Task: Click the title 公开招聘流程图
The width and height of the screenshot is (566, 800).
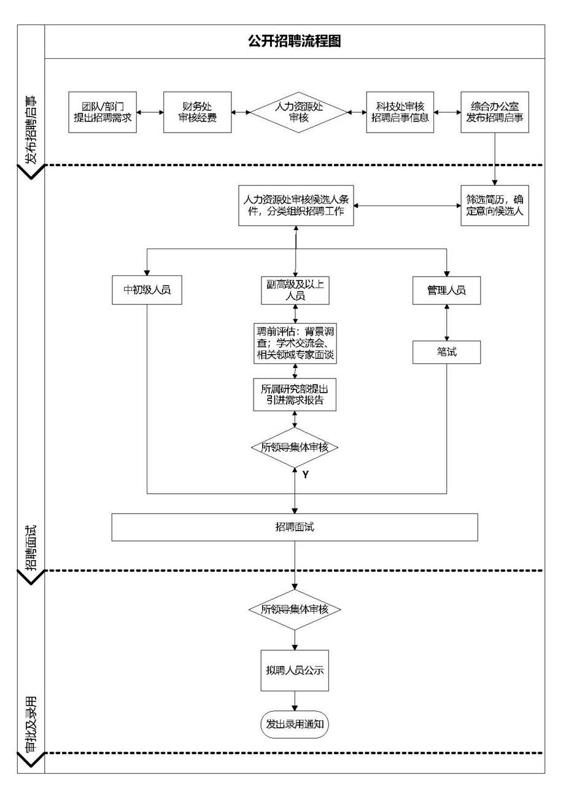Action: tap(295, 41)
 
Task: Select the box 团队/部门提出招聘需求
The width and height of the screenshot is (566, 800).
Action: tap(103, 112)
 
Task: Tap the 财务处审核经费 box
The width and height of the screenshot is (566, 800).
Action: tap(198, 112)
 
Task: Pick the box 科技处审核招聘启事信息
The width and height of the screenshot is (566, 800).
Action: tap(400, 112)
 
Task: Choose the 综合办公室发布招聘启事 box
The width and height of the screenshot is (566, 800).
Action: tap(495, 112)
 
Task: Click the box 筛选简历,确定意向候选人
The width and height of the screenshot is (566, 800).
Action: tap(495, 206)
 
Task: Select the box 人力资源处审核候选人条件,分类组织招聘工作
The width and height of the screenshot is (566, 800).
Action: tap(296, 206)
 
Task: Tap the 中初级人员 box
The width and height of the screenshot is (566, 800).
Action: tap(147, 290)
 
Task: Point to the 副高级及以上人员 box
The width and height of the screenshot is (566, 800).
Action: tap(296, 290)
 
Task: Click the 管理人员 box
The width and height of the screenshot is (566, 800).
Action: tap(446, 290)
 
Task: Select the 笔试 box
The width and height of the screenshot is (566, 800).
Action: tap(446, 352)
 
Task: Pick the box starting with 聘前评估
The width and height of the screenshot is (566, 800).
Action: tap(296, 342)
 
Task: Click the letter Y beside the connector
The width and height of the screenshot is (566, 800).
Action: tap(305, 474)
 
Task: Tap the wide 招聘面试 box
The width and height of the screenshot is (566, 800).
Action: tap(295, 528)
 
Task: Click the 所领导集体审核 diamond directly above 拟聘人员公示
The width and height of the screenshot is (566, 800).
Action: tap(295, 610)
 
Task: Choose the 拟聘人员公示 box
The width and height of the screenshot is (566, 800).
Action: tap(295, 670)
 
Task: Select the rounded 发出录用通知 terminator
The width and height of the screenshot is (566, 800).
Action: tap(295, 725)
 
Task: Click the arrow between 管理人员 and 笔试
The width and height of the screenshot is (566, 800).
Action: tap(446, 321)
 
